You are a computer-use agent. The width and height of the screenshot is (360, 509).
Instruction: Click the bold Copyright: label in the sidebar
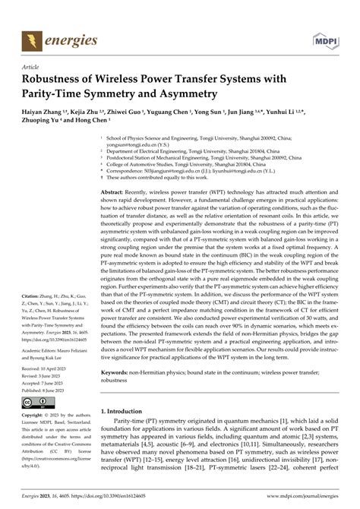35,416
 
